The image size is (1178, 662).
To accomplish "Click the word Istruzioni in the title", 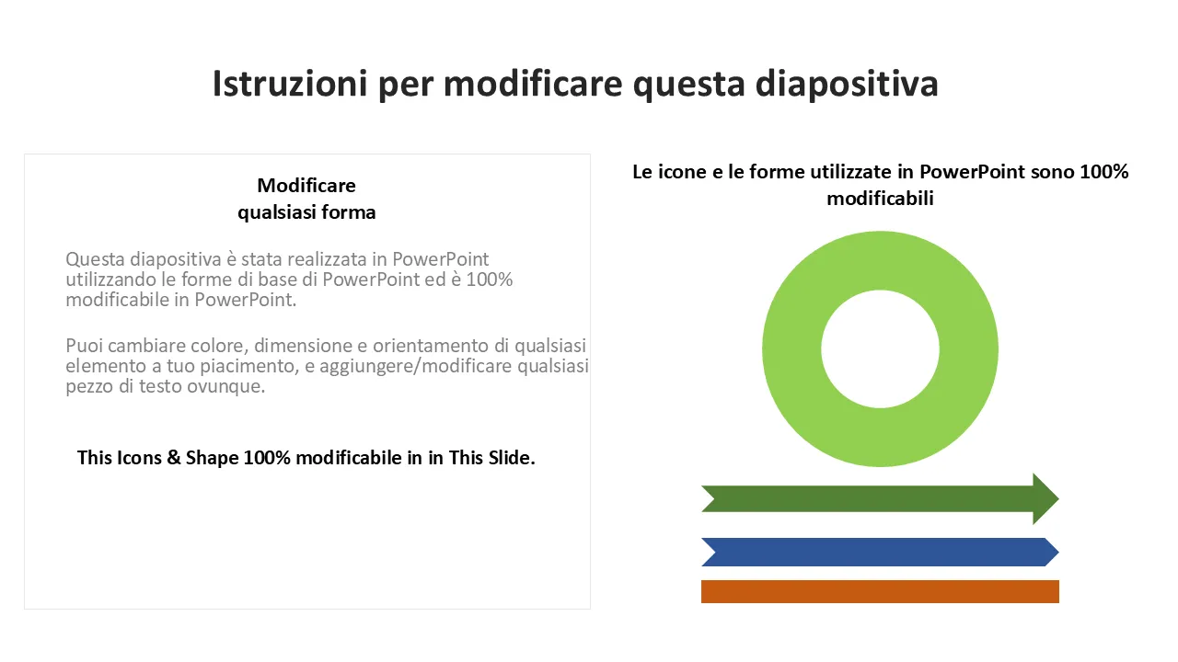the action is point(290,84).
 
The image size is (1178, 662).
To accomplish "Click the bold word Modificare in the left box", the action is point(306,186).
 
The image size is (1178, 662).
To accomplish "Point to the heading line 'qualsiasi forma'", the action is point(306,212).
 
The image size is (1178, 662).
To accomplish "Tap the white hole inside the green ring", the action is point(880,348).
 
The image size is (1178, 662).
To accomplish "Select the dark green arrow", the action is point(880,498).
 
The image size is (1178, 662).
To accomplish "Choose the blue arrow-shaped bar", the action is point(880,552).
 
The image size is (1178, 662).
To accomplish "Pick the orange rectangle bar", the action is point(880,591).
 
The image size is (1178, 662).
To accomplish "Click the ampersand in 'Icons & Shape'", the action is point(174,458).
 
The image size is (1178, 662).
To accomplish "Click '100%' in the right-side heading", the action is point(1103,172).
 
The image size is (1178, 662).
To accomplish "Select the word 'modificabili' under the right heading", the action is point(880,199).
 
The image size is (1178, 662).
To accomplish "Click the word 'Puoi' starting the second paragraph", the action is point(84,346).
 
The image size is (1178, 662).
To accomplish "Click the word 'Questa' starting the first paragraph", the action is point(95,259).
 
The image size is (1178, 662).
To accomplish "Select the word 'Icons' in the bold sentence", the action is point(139,458).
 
